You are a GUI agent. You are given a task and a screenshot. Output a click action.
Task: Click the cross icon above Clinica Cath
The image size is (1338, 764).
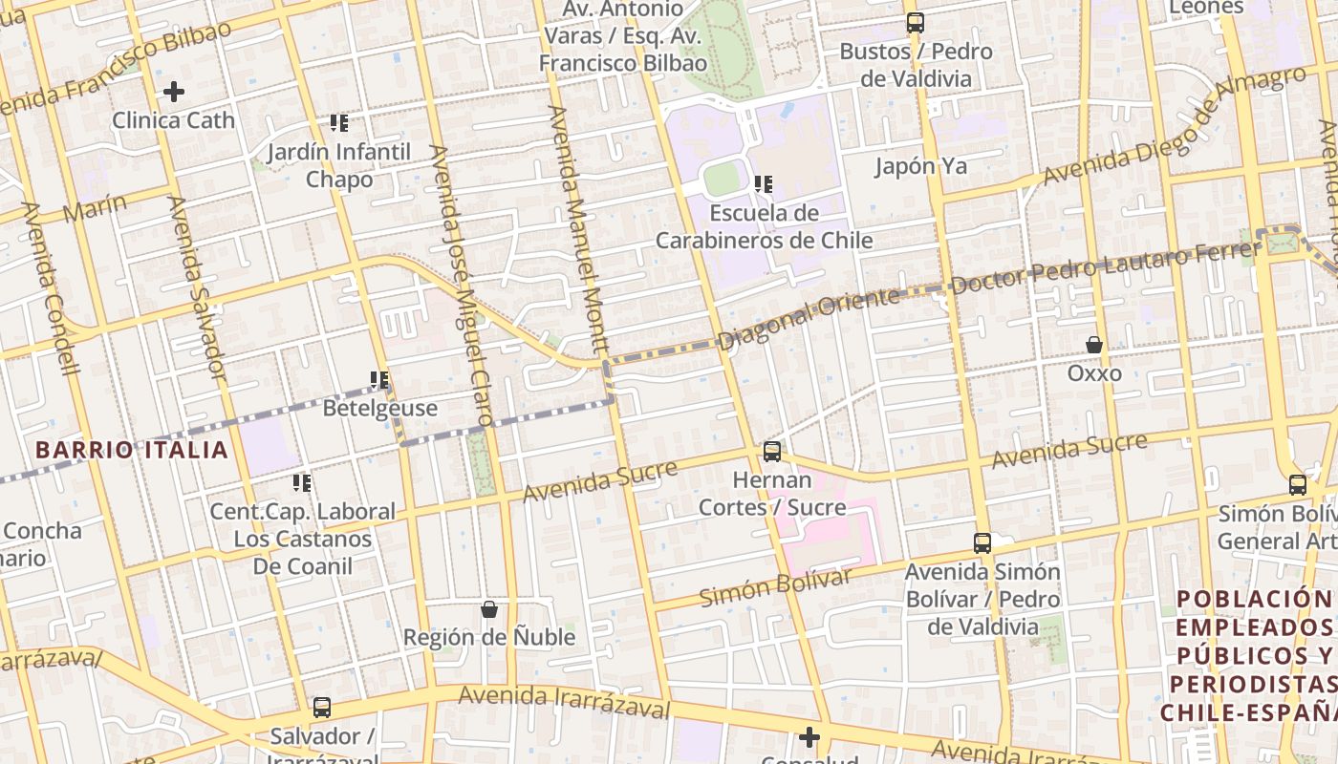(x=173, y=92)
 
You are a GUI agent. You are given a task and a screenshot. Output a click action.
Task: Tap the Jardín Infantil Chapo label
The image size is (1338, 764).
(x=339, y=165)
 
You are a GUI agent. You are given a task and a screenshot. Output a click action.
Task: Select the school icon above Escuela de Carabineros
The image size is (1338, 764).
(x=763, y=183)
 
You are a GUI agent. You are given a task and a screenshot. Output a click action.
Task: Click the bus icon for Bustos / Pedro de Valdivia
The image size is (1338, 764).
(x=916, y=23)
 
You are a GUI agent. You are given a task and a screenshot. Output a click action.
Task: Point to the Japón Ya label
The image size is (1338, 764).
(x=921, y=166)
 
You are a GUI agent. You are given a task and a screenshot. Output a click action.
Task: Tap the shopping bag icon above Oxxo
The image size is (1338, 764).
(x=1094, y=344)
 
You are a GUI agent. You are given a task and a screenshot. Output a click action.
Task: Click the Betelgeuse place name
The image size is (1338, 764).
(x=379, y=408)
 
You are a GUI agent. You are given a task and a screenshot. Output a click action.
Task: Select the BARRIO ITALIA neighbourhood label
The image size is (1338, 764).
(x=132, y=450)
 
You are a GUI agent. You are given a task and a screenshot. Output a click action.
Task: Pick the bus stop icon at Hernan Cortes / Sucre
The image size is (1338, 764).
(x=771, y=451)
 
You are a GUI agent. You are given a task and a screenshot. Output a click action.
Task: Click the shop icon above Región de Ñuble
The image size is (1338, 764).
(x=489, y=608)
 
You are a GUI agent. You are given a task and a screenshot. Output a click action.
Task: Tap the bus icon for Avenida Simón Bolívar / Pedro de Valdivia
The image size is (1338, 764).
(x=982, y=543)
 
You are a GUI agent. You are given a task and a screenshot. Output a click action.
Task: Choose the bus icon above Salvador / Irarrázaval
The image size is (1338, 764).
(x=322, y=708)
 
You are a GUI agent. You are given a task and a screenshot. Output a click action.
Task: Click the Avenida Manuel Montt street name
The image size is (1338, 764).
(x=578, y=229)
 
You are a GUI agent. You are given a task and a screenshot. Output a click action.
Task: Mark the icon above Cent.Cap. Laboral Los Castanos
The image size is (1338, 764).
(x=302, y=483)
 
